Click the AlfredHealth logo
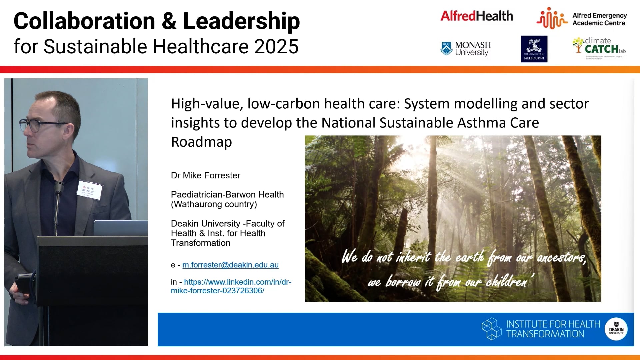pos(476,16)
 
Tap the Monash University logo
pos(466,49)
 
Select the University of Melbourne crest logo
pos(534,49)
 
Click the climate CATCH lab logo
pos(599,47)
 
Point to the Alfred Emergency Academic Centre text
pos(599,19)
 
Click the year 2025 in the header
pos(276,46)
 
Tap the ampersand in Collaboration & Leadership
pos(169,21)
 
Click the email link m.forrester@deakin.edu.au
pos(230,265)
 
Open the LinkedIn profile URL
pos(231,286)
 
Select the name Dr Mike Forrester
pos(206,175)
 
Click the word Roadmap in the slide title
pos(201,142)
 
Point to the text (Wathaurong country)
pos(214,204)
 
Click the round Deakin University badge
pos(616,329)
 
